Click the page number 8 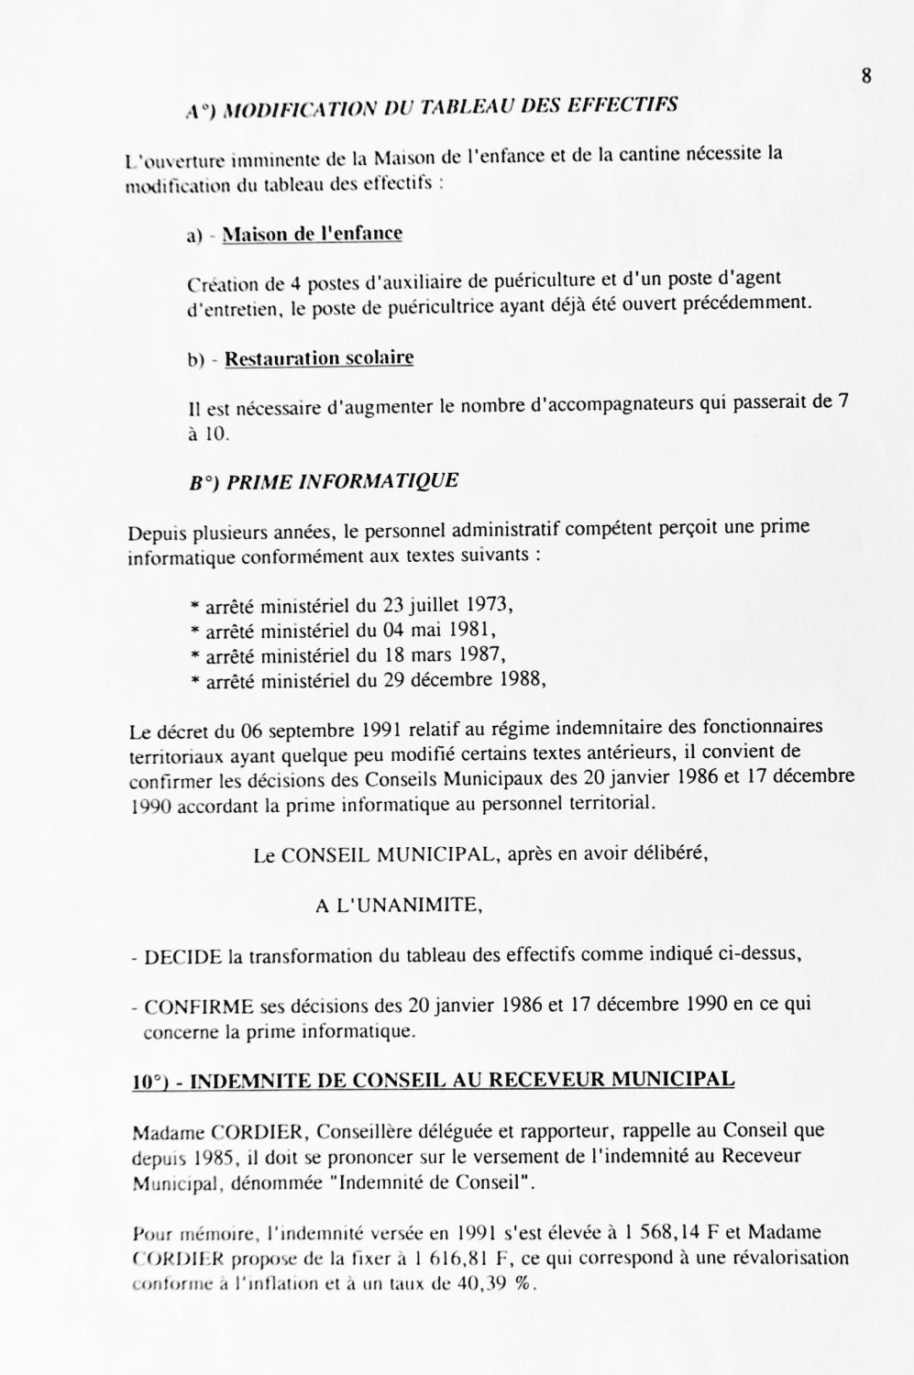click(x=865, y=76)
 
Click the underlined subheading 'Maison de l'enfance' click(x=312, y=234)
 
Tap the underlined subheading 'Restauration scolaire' click(x=319, y=358)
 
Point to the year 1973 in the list click(x=490, y=605)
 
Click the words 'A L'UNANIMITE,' click(x=399, y=906)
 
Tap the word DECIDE click(x=183, y=957)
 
